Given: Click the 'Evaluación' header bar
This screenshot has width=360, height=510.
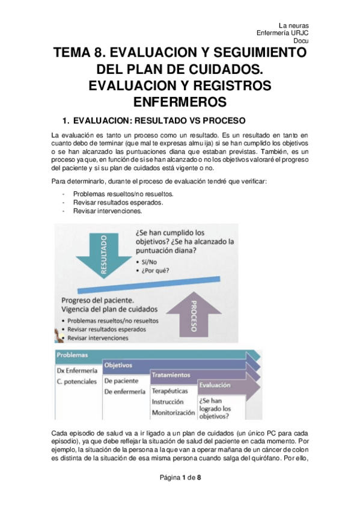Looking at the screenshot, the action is pyautogui.click(x=215, y=384).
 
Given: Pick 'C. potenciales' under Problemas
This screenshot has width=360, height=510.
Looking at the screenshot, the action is pyautogui.click(x=78, y=381).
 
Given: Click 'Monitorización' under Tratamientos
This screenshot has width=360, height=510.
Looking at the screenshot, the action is pyautogui.click(x=173, y=413).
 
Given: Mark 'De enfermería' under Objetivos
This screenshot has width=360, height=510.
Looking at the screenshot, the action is pyautogui.click(x=124, y=392).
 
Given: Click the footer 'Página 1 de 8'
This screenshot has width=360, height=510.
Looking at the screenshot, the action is pyautogui.click(x=180, y=494).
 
